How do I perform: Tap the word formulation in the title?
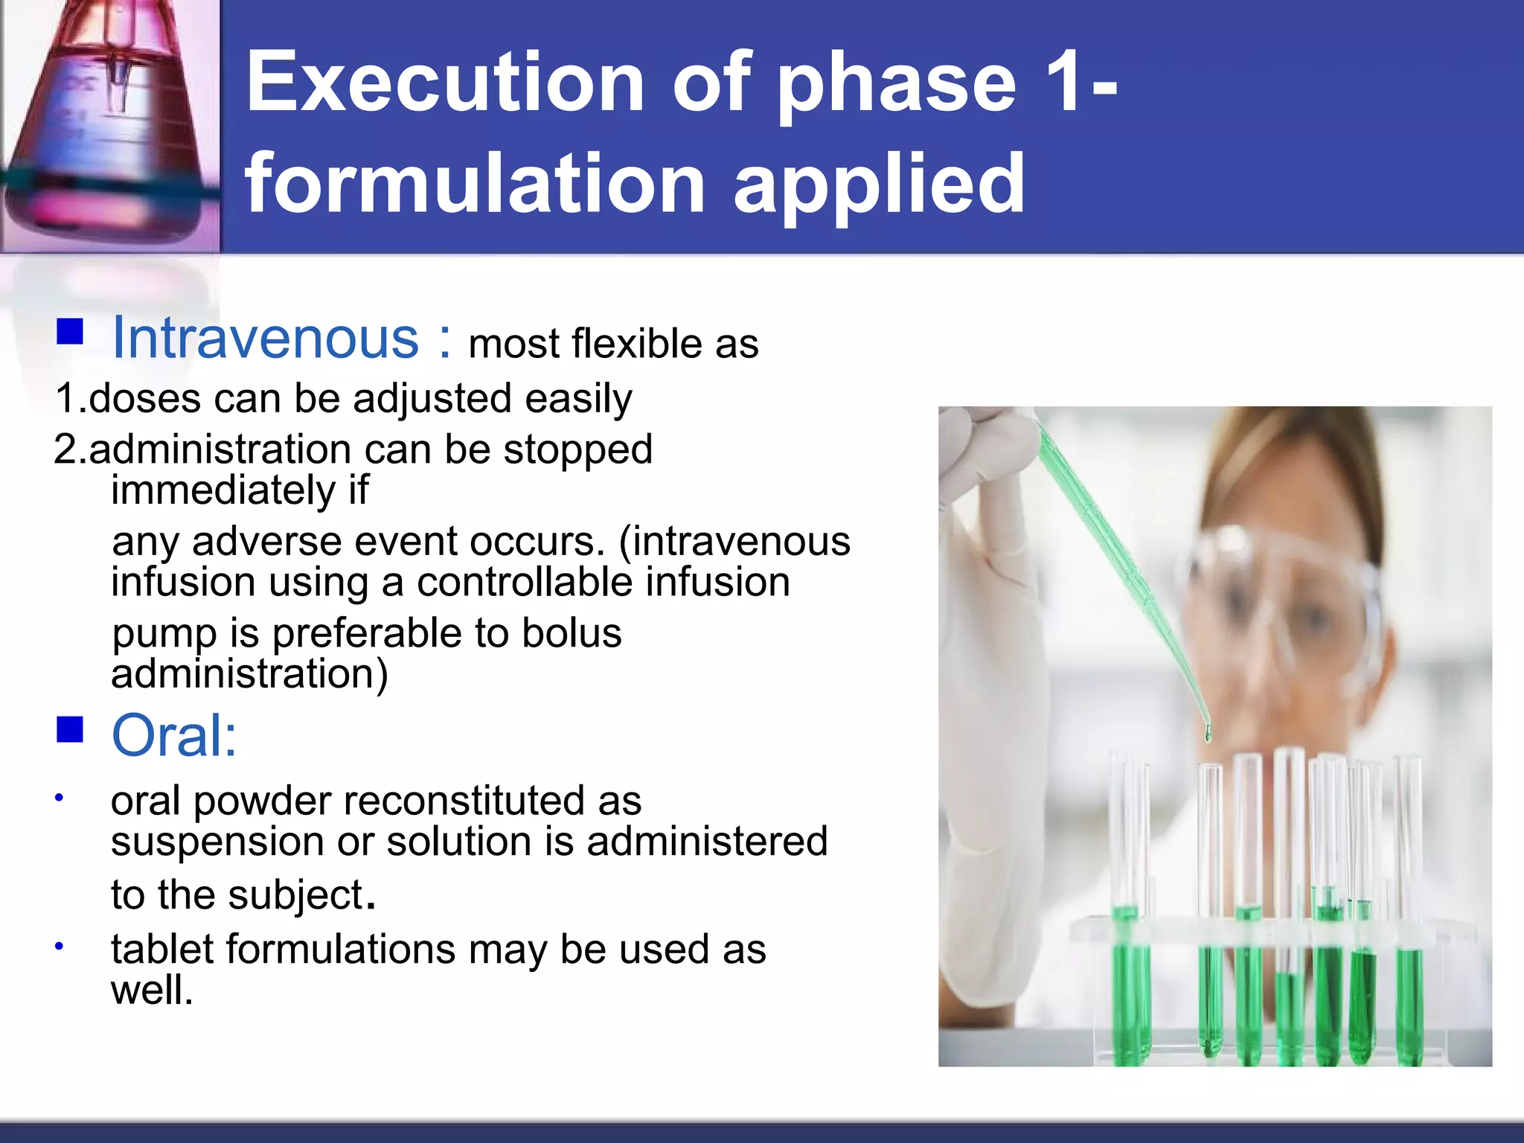[475, 182]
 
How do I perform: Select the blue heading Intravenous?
[265, 339]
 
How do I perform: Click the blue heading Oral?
[173, 735]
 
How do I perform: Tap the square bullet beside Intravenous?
[70, 332]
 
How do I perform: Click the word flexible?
[637, 344]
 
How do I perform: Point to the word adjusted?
[432, 399]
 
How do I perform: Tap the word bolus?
[571, 633]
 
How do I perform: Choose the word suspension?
[217, 842]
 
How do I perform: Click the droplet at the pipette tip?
[1207, 734]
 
